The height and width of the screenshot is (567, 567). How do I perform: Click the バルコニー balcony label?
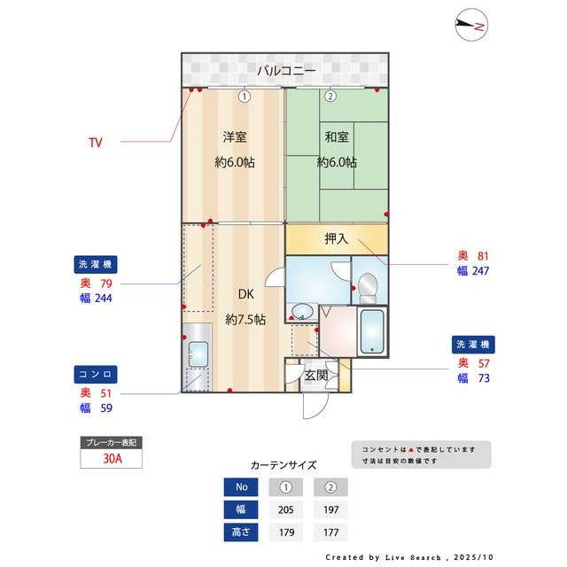(284, 71)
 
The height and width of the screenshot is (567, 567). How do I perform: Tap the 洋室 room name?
(234, 137)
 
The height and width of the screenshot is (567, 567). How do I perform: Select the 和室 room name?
(337, 137)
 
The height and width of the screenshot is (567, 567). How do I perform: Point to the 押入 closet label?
(337, 238)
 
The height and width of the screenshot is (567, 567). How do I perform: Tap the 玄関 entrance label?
(315, 375)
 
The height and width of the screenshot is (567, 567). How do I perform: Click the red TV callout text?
(96, 142)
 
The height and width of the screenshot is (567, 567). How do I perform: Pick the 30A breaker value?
(111, 459)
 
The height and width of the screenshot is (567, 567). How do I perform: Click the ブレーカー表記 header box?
(111, 442)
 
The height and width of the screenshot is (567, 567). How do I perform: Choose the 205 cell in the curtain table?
(285, 509)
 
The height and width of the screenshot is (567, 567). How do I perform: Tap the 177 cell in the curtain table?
(330, 532)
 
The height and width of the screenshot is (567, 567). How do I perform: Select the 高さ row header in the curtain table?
(240, 532)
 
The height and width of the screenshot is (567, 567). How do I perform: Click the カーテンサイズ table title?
(283, 465)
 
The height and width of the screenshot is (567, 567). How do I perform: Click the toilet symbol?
(368, 285)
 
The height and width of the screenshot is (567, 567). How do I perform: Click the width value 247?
(480, 271)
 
